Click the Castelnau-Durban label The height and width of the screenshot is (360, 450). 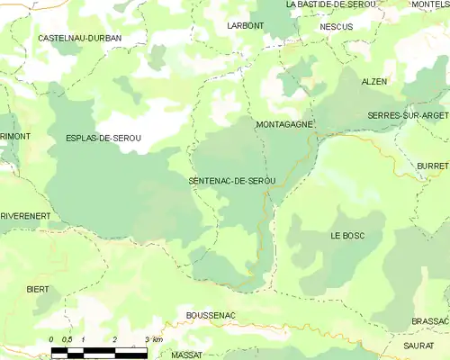click(79, 39)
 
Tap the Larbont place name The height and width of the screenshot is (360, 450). click(246, 25)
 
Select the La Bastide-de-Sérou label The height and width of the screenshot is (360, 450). click(328, 4)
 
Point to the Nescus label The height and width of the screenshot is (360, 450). click(337, 27)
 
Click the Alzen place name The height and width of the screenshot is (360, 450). click(373, 81)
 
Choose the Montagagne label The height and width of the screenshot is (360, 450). click(284, 124)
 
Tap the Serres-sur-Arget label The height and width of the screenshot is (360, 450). click(409, 117)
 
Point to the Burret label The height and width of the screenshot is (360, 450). click(433, 167)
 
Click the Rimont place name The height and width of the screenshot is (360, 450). click(14, 135)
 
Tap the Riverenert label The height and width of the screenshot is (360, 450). click(24, 217)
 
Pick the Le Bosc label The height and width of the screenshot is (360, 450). click(346, 235)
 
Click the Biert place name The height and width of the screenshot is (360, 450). click(38, 290)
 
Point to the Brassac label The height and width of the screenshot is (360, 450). click(429, 321)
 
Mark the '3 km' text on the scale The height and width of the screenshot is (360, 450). click(152, 339)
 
